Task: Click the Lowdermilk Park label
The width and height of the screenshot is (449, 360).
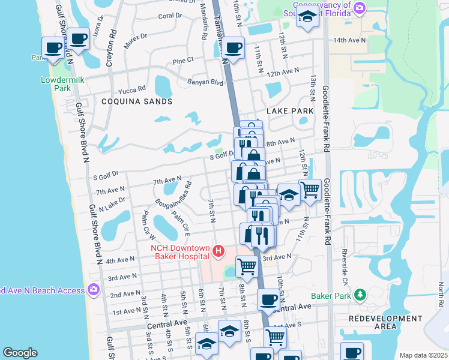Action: click(x=56, y=84)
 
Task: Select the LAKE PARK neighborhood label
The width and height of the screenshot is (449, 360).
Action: click(x=288, y=112)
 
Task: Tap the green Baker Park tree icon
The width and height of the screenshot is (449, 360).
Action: click(x=360, y=295)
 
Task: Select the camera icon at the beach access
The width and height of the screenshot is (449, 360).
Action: click(x=92, y=290)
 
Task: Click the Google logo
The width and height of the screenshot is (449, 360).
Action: click(x=20, y=353)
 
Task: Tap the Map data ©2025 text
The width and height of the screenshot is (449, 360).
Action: click(x=423, y=355)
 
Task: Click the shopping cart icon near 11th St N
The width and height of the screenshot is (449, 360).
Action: click(x=310, y=190)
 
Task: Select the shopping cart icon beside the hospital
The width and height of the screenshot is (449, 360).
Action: click(x=247, y=265)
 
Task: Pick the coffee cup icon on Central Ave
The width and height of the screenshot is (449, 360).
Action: click(x=268, y=298)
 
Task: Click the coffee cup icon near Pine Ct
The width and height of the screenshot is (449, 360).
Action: click(x=233, y=47)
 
